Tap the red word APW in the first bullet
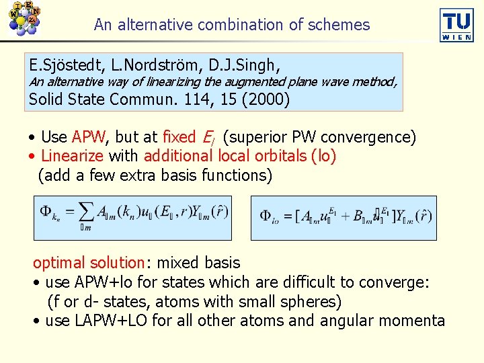pos(89,137)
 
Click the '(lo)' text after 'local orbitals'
pos(323,156)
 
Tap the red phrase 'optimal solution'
pos(89,263)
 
